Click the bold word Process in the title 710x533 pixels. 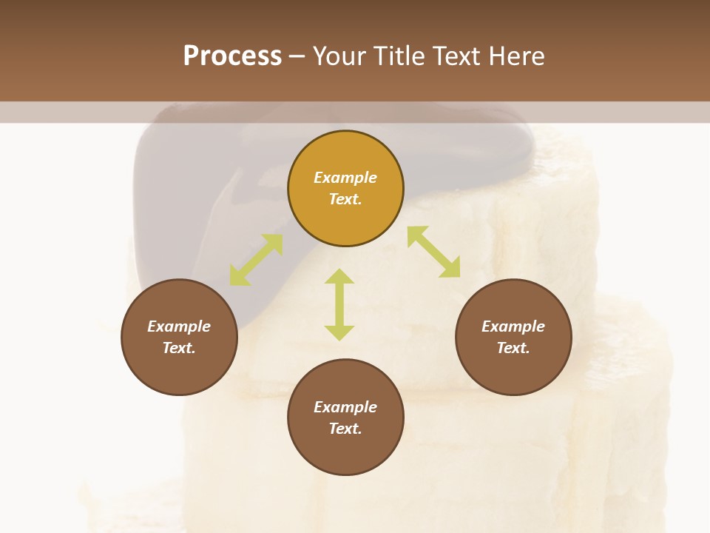(x=232, y=56)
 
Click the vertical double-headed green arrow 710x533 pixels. (x=339, y=305)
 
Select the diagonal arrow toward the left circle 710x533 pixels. (x=256, y=260)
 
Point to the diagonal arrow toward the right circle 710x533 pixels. (x=433, y=252)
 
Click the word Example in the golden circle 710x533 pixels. (x=345, y=178)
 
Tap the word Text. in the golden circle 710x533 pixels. (x=345, y=199)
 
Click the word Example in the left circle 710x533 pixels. (x=179, y=326)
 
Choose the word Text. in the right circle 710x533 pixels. (x=513, y=348)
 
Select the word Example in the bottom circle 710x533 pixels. (x=345, y=407)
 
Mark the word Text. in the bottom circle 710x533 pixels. (x=345, y=429)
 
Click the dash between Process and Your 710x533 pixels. (x=297, y=57)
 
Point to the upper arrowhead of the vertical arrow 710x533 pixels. (x=339, y=277)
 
